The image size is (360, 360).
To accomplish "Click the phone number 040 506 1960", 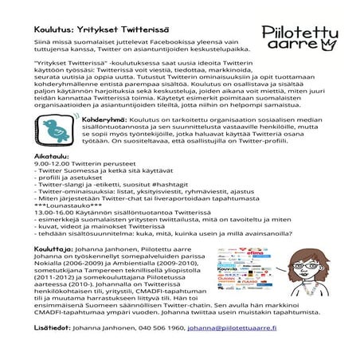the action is [x=162, y=327].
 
